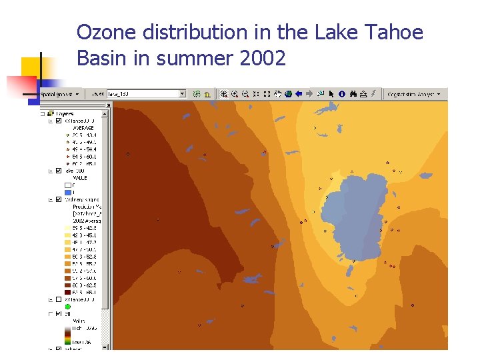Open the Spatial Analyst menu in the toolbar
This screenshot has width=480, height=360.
coord(60,94)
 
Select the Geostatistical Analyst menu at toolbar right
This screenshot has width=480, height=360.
coord(413,94)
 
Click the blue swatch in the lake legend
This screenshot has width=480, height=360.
coord(67,192)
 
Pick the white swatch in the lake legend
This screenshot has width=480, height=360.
coord(67,185)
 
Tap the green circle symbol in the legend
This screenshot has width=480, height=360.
coord(67,307)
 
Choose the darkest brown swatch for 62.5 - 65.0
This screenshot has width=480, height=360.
coord(67,292)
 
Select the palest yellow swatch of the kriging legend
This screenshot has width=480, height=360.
coord(67,227)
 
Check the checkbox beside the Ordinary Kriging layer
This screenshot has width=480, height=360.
coord(59,199)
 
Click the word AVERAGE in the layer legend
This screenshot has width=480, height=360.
coord(83,127)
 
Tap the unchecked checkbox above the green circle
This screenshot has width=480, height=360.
coord(59,299)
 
